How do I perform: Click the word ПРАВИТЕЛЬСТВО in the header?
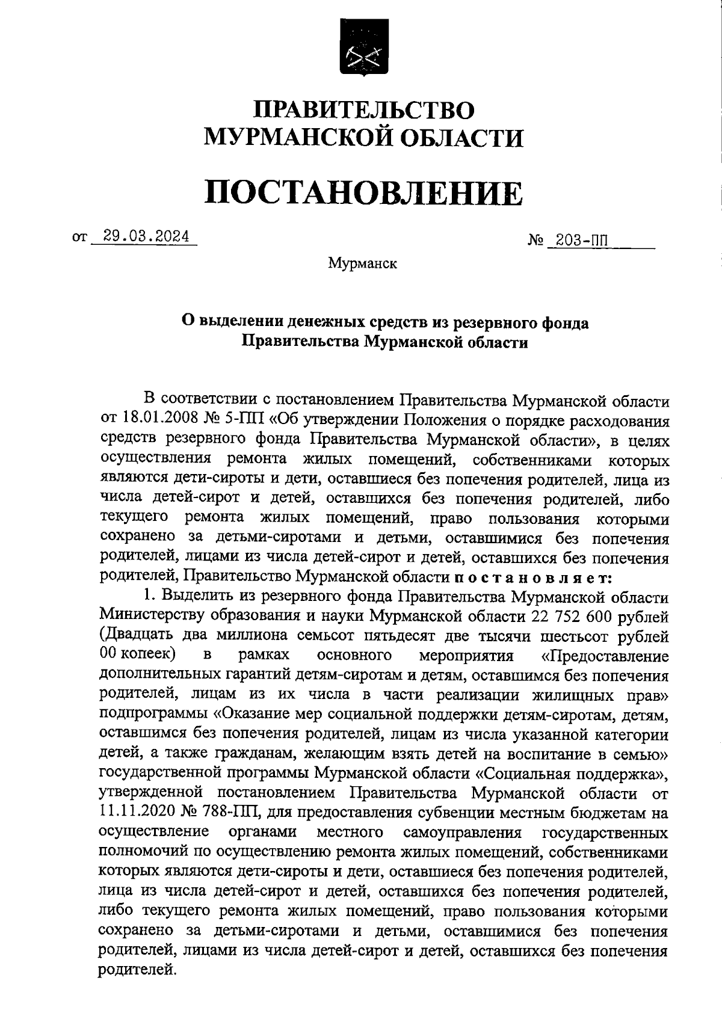click(x=363, y=110)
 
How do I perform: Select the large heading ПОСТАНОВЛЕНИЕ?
click(x=363, y=192)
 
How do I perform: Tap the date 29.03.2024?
click(x=145, y=236)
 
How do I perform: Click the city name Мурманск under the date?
click(x=363, y=263)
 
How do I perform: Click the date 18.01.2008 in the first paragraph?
click(x=153, y=421)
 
